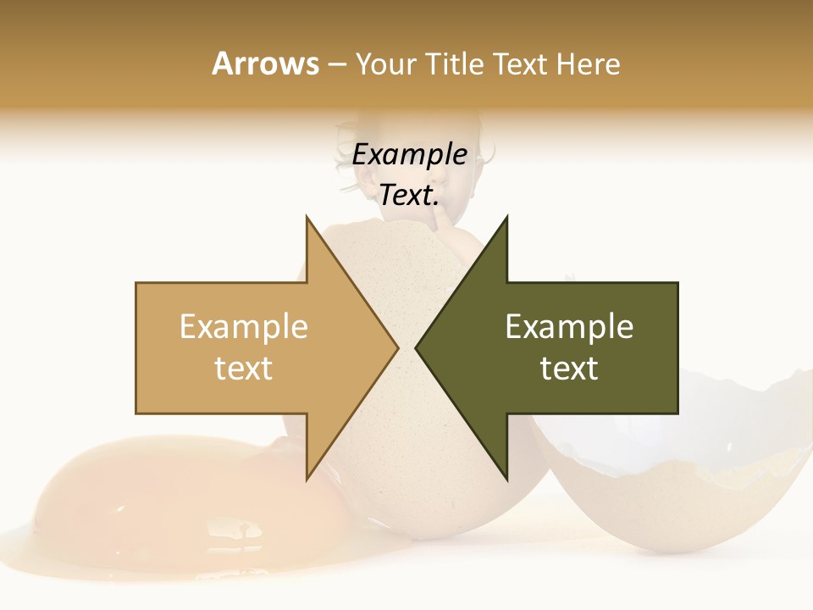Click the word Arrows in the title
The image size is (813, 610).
(265, 64)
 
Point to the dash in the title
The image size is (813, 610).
(336, 64)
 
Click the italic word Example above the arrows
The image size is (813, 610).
(409, 154)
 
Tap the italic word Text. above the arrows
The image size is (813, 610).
(409, 195)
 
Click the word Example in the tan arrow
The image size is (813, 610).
(244, 327)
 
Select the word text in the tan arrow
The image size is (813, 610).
(244, 369)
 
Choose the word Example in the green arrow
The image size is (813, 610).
(569, 327)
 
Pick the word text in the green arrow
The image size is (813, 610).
(569, 369)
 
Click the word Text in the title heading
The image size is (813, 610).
(521, 64)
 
